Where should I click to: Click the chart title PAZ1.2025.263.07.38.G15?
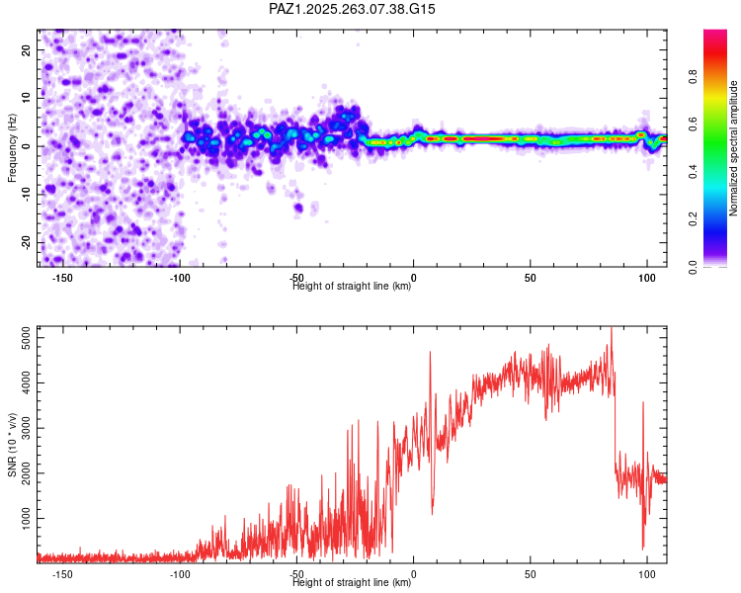(x=352, y=9)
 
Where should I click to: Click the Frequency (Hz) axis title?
(x=12, y=146)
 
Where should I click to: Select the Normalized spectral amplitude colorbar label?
(x=733, y=148)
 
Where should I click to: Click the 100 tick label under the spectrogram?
(x=647, y=278)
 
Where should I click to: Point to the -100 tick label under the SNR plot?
(x=179, y=574)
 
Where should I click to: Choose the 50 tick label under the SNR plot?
(x=531, y=574)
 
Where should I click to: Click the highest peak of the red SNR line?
(x=611, y=329)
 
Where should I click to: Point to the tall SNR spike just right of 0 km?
(x=430, y=354)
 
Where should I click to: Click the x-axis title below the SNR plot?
(x=352, y=583)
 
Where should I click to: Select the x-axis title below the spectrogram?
(x=352, y=287)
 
